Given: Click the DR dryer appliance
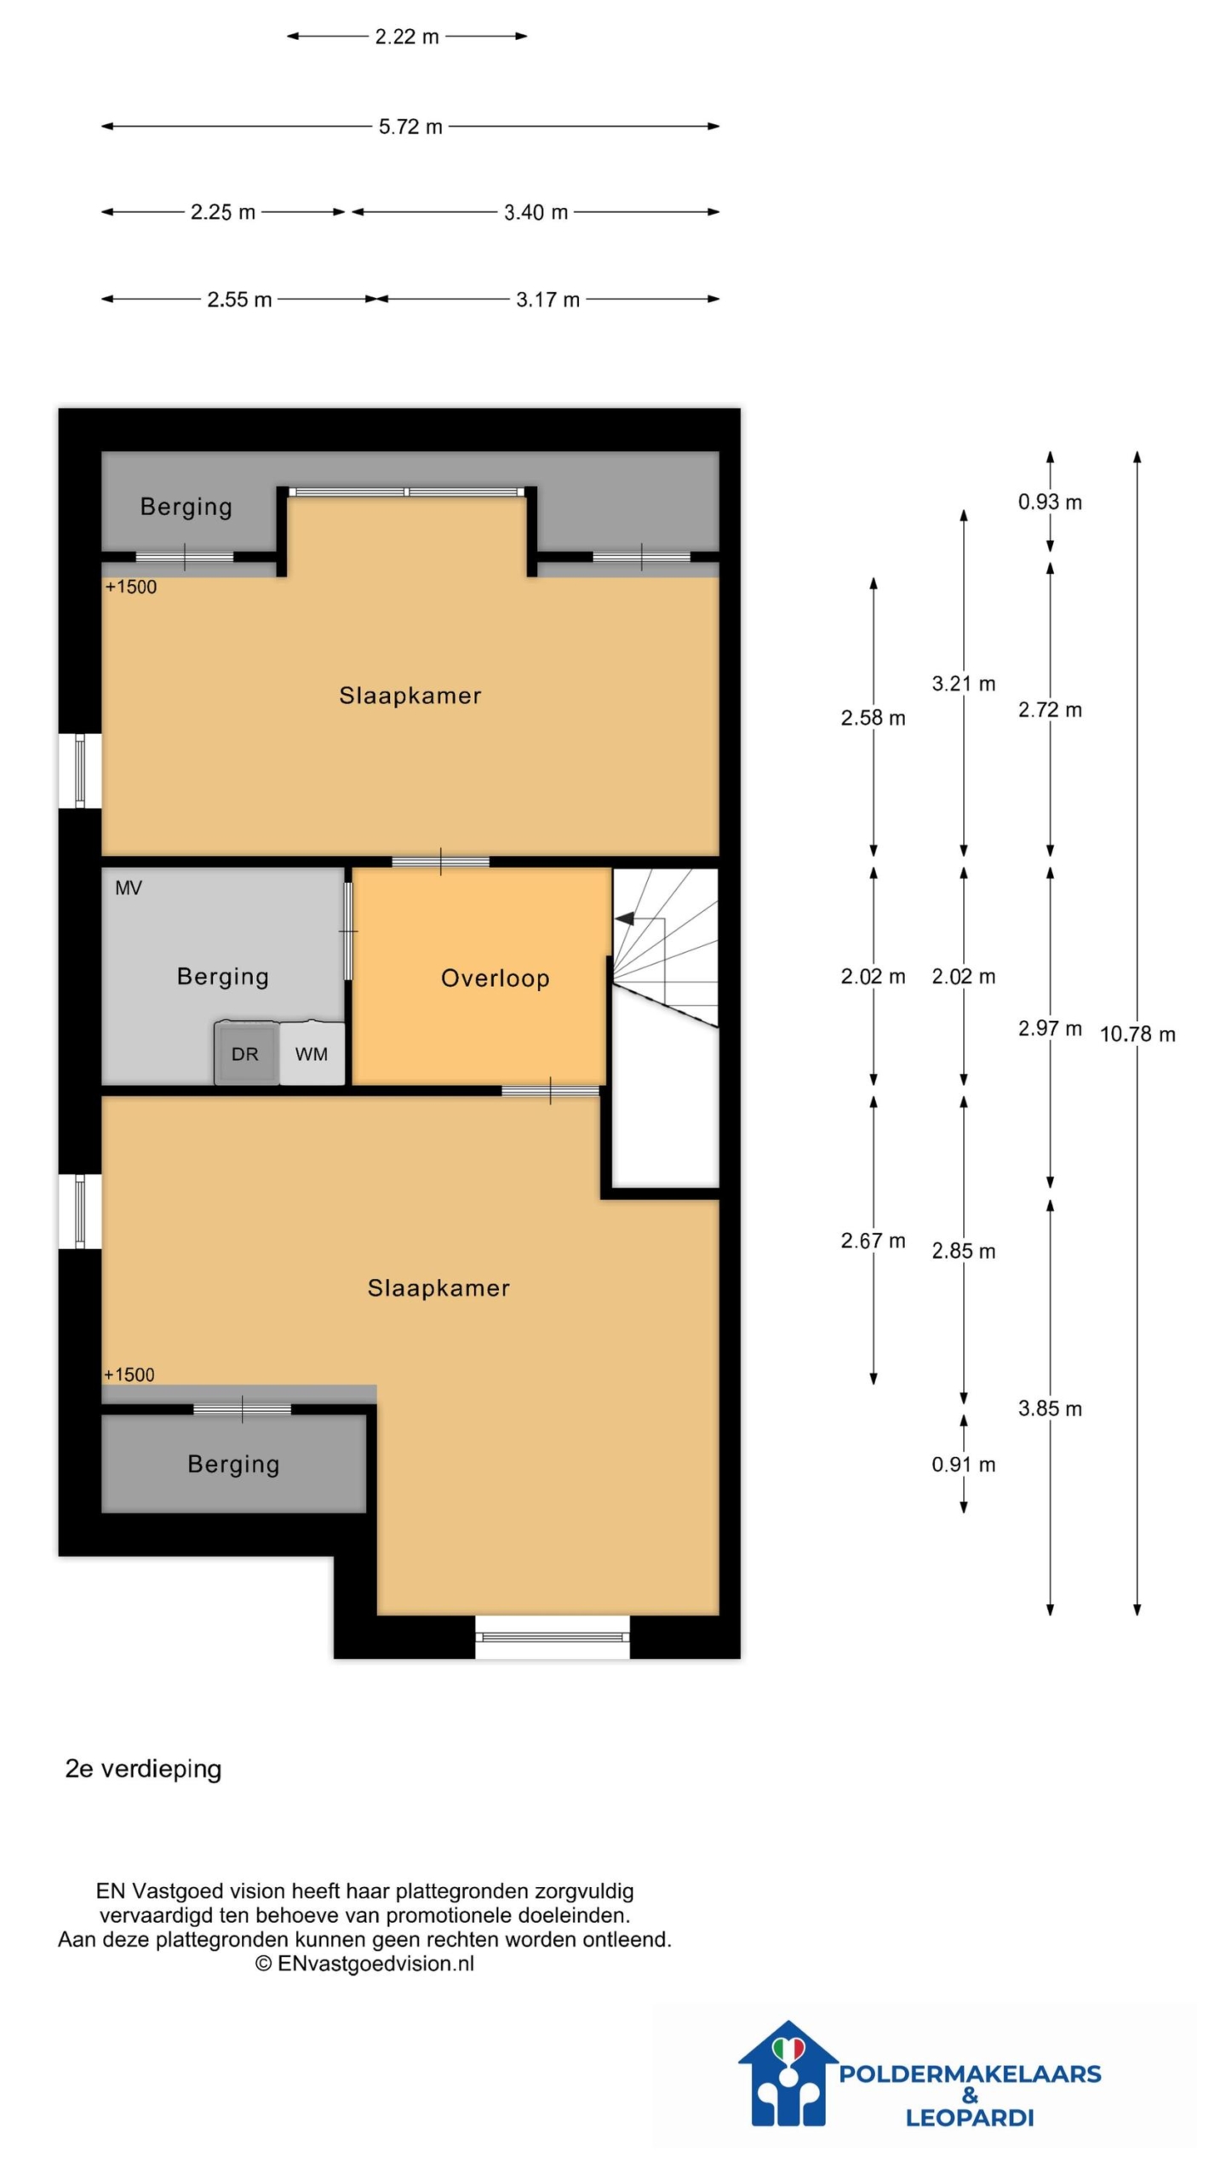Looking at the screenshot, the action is pyautogui.click(x=245, y=1052).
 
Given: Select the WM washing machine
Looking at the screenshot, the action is pyautogui.click(x=312, y=1053).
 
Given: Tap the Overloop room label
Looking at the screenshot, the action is pyautogui.click(x=495, y=978).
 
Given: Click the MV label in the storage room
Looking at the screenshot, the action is pyautogui.click(x=129, y=888).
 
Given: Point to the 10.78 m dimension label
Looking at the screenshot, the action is pyautogui.click(x=1137, y=1034).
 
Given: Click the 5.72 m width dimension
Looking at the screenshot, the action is pyautogui.click(x=410, y=127).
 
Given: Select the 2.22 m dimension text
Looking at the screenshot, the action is pyautogui.click(x=407, y=37).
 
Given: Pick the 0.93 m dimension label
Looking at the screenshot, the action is pyautogui.click(x=1050, y=502).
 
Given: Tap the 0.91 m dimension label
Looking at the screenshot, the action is pyautogui.click(x=963, y=1464).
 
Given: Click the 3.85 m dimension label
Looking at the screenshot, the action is pyautogui.click(x=1050, y=1408).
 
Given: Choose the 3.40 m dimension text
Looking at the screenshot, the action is pyautogui.click(x=536, y=212).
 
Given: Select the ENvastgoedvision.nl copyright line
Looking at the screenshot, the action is pyautogui.click(x=364, y=1964).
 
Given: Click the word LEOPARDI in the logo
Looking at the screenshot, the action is pyautogui.click(x=970, y=2117).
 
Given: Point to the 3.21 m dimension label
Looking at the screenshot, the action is pyautogui.click(x=963, y=684).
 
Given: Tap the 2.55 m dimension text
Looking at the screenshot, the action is pyautogui.click(x=239, y=300).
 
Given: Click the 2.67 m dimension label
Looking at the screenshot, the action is pyautogui.click(x=873, y=1241).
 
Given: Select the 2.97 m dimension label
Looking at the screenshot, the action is pyautogui.click(x=1050, y=1028).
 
